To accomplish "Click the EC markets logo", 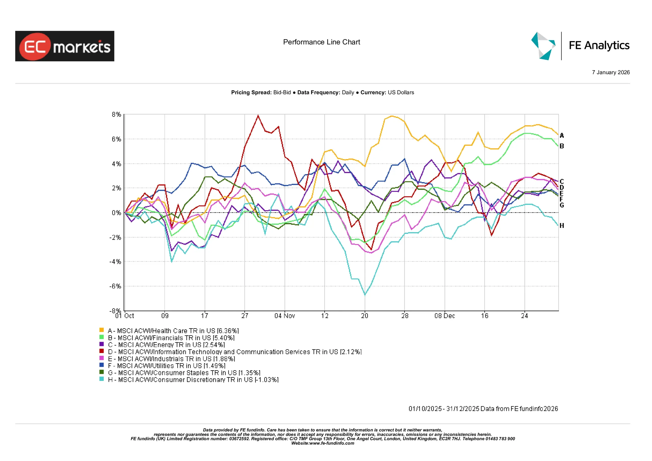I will click(x=64, y=46).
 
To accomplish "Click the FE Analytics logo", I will click(x=580, y=46).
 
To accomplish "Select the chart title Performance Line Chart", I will click(x=321, y=42).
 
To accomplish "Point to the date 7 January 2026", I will click(x=610, y=72).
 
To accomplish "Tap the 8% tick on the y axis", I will click(x=116, y=114).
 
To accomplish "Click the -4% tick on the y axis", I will click(x=115, y=262).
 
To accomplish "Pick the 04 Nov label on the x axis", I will click(x=284, y=316).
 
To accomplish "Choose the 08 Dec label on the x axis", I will click(x=444, y=316).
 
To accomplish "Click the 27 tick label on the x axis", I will click(x=244, y=316).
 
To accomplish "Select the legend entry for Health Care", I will click(x=173, y=331).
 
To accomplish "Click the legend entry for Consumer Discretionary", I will click(x=193, y=380).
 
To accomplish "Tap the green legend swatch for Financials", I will click(x=101, y=337).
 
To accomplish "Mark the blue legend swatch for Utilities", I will click(x=101, y=365).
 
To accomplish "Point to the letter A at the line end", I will click(x=562, y=135).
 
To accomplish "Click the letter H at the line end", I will click(x=562, y=225).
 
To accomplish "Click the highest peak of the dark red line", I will click(x=258, y=115).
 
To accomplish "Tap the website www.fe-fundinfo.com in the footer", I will click(x=332, y=443).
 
